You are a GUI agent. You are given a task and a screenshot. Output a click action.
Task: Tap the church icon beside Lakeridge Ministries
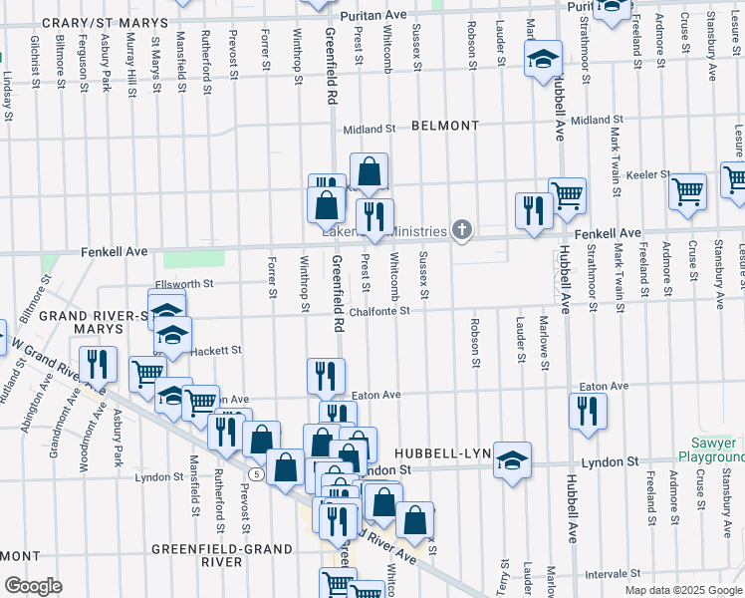(461, 231)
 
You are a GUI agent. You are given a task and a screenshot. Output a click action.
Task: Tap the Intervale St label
(612, 574)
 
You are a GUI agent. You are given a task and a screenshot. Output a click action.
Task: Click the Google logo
(33, 586)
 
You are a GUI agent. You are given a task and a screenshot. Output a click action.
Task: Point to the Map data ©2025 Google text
(682, 590)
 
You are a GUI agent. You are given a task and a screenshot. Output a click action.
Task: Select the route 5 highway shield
(257, 474)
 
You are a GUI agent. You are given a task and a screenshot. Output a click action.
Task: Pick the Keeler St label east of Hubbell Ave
(647, 174)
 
